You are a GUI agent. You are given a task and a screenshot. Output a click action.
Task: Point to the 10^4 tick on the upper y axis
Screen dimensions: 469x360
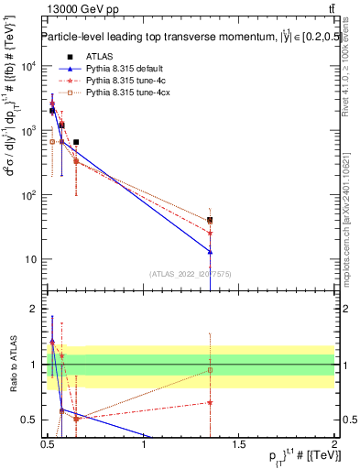coord(30,67)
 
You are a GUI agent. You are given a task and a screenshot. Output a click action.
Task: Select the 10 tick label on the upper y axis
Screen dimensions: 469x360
coord(32,259)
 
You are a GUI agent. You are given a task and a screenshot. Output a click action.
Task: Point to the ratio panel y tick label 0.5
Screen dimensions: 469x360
coord(29,420)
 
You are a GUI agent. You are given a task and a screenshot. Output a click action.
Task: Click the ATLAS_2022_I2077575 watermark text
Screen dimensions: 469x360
coord(191,274)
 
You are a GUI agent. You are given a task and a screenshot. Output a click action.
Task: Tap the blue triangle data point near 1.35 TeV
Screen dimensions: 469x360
coord(210,252)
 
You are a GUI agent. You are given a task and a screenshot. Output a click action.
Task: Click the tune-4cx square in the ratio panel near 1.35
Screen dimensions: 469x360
coord(210,370)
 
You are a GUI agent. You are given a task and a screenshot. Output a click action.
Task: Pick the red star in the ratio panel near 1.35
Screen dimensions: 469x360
coord(210,402)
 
